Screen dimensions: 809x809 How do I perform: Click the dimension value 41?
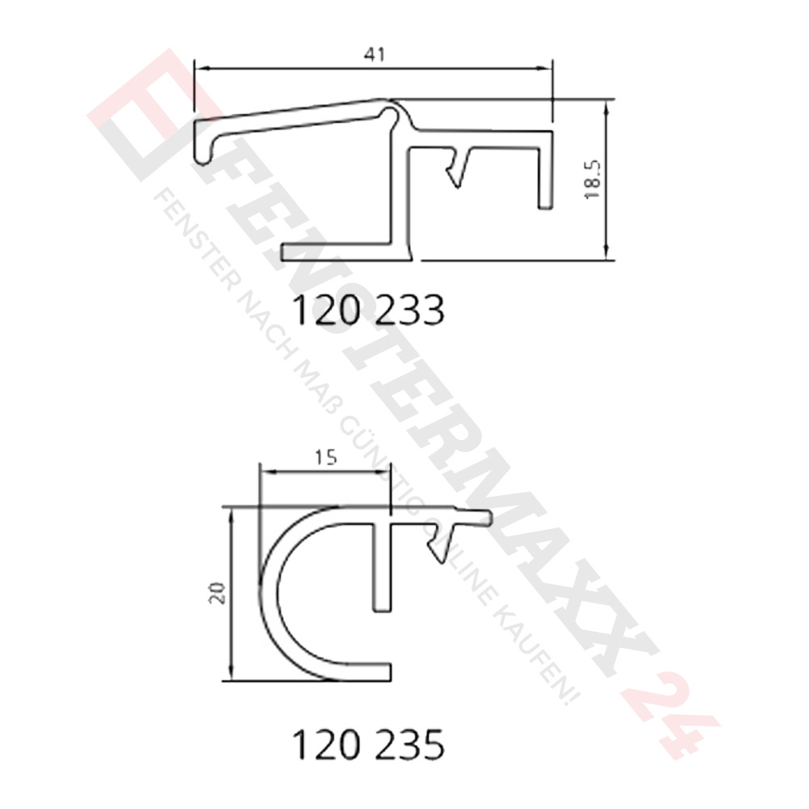click(x=373, y=54)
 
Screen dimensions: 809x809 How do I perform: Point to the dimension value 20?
click(x=217, y=595)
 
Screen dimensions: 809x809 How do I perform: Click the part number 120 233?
click(x=367, y=310)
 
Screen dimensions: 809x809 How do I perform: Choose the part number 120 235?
click(x=367, y=745)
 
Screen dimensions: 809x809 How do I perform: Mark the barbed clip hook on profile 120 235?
click(x=440, y=542)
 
